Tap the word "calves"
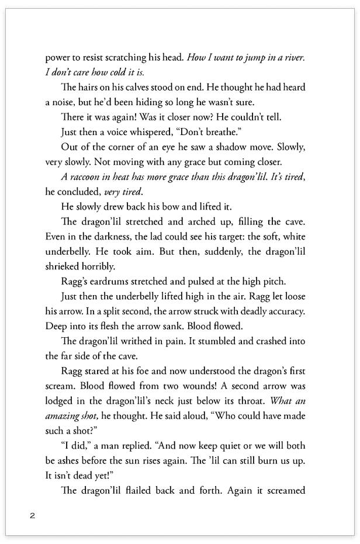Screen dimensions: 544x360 [140, 87]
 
